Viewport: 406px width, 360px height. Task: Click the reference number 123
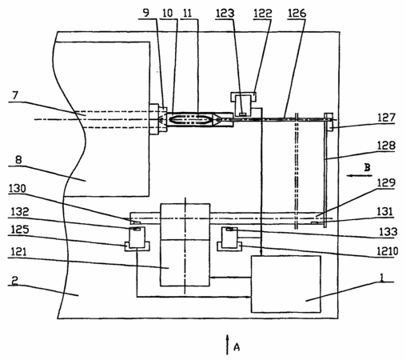pos(225,13)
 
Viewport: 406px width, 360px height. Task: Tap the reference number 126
pos(297,13)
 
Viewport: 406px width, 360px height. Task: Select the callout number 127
pos(386,118)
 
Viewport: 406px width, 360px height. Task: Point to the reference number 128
pos(386,146)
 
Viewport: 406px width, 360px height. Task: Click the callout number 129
pos(386,183)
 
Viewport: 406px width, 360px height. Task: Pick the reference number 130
pos(18,189)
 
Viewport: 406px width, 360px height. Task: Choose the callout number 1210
pos(388,251)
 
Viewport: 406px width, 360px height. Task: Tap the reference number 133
pos(388,232)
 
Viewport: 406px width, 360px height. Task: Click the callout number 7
pos(15,96)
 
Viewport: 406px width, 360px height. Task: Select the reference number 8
pos(18,160)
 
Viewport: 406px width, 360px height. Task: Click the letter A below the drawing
pos(237,347)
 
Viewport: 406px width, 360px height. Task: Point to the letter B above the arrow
pos(367,167)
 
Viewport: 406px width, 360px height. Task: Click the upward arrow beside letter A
pos(227,345)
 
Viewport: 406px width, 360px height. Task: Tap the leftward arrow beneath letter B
pos(360,175)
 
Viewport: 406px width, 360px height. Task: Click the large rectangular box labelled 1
pos(286,284)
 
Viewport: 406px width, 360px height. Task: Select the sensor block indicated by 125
pos(137,238)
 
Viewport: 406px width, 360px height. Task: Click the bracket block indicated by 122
pos(243,104)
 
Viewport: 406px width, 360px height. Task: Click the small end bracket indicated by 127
pos(328,122)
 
